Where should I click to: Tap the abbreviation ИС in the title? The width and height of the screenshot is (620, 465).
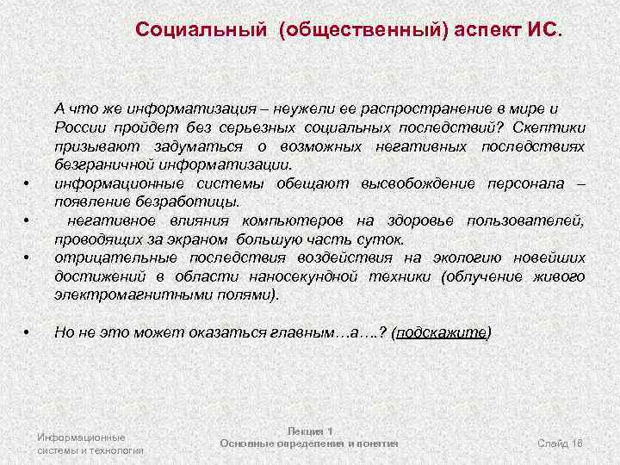pyautogui.click(x=542, y=30)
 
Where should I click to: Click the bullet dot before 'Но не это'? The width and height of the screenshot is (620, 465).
pyautogui.click(x=28, y=333)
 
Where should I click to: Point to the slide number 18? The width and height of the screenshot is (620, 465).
pyautogui.click(x=577, y=443)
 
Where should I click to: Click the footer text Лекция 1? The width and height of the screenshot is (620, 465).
pyautogui.click(x=309, y=431)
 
